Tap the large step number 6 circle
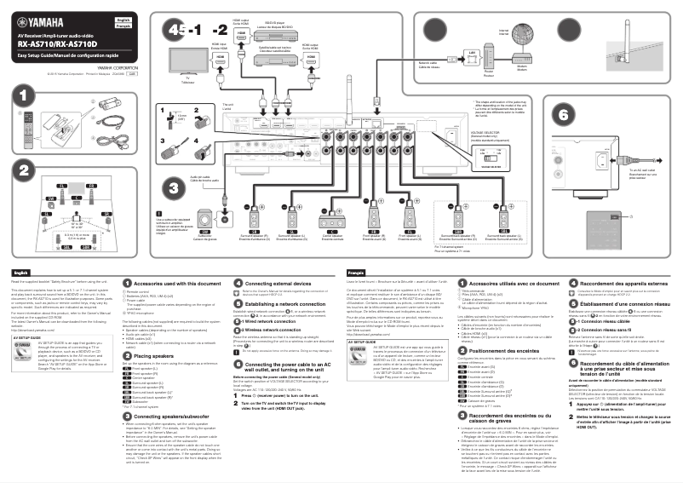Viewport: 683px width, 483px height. tap(560, 114)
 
